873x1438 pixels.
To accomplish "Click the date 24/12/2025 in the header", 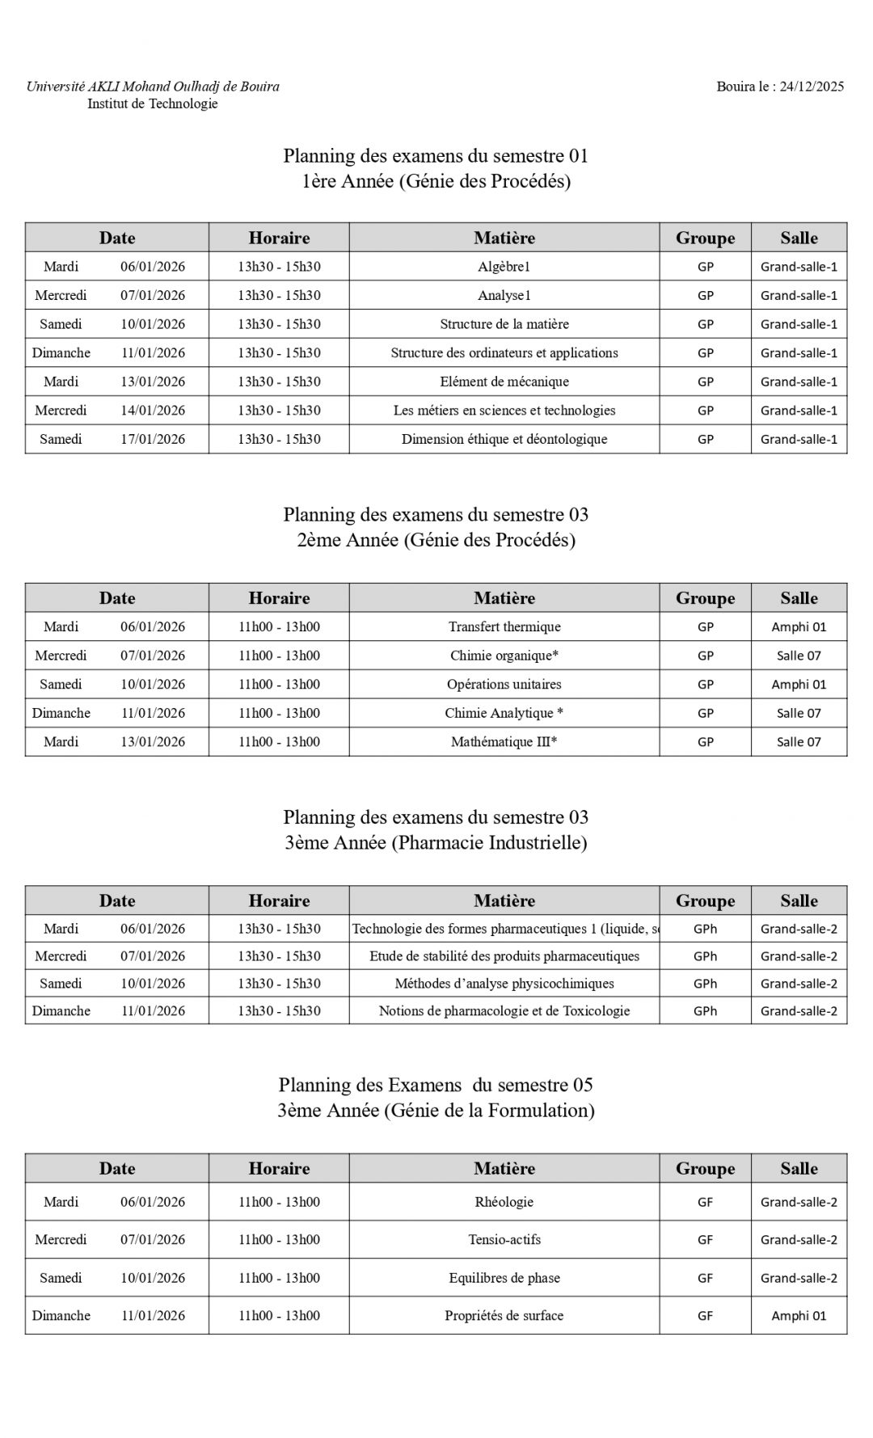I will pyautogui.click(x=812, y=86).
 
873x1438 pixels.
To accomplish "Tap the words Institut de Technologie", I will pyautogui.click(x=153, y=103).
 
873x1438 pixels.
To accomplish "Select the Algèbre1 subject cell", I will pyautogui.click(x=504, y=267).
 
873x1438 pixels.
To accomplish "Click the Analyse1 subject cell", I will pyautogui.click(x=504, y=295).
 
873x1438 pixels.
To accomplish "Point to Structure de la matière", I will pyautogui.click(x=504, y=324).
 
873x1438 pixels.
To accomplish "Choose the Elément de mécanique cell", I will pyautogui.click(x=504, y=382).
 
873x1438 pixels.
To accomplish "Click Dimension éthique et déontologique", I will pyautogui.click(x=504, y=439).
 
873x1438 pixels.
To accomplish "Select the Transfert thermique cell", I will pyautogui.click(x=504, y=626).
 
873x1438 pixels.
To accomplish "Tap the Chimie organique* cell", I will pyautogui.click(x=504, y=656).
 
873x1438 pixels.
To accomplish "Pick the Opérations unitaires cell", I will pyautogui.click(x=504, y=684).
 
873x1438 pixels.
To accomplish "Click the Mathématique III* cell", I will pyautogui.click(x=504, y=741).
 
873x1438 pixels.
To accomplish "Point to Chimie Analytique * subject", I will pyautogui.click(x=504, y=713).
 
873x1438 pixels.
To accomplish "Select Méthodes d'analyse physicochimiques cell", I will pyautogui.click(x=504, y=984).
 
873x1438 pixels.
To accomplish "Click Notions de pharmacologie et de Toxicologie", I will pyautogui.click(x=504, y=1011).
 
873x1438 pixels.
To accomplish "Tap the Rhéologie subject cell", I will pyautogui.click(x=504, y=1202).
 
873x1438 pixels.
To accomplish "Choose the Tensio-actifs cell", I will pyautogui.click(x=504, y=1239).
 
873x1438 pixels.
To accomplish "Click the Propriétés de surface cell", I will pyautogui.click(x=504, y=1315).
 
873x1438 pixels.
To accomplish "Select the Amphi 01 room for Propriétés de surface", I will pyautogui.click(x=799, y=1315).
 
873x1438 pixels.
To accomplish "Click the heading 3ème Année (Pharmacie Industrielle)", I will pyautogui.click(x=436, y=842).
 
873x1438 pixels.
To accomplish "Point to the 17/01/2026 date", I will pyautogui.click(x=153, y=439).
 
